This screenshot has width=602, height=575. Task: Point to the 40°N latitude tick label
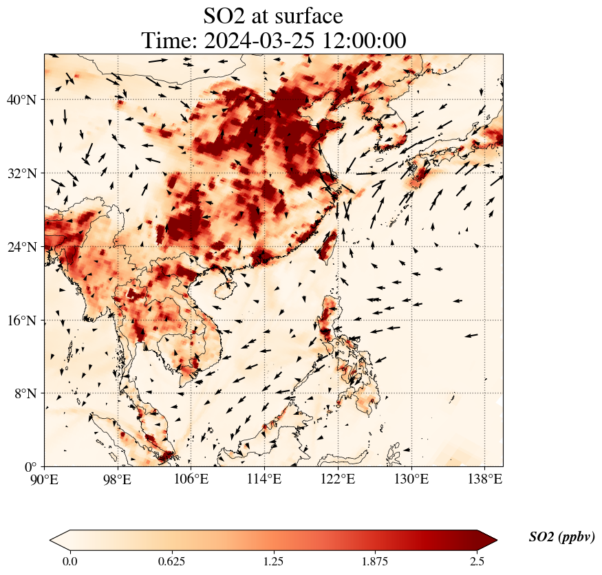[25, 100]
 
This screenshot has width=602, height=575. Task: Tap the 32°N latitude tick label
[25, 173]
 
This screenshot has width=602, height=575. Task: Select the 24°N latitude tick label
[25, 247]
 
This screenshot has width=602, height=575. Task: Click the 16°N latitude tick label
[25, 321]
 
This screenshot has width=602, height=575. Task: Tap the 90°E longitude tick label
[45, 479]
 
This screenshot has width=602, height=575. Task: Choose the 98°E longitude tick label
[118, 479]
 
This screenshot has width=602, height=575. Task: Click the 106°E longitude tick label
[191, 479]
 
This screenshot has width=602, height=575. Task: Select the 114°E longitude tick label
[264, 479]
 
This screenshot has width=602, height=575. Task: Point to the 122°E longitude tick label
[337, 479]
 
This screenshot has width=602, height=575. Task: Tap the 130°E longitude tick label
[411, 479]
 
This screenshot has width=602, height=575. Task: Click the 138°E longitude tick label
[484, 479]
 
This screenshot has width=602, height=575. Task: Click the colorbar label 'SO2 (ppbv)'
[561, 537]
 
